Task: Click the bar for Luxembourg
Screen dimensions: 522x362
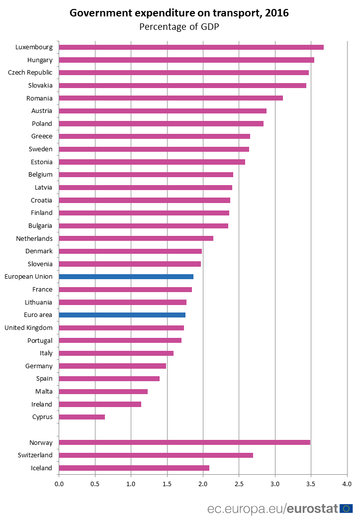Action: (x=191, y=47)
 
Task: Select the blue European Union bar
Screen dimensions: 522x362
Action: (x=126, y=277)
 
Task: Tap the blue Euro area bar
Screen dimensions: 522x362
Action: (x=122, y=315)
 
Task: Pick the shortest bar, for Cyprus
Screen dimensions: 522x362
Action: (x=82, y=417)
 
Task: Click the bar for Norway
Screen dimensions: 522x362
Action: (x=184, y=442)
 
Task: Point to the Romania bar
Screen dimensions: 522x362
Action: (x=171, y=98)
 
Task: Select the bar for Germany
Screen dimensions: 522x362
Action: (x=112, y=366)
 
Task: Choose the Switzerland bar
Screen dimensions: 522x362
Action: (x=156, y=455)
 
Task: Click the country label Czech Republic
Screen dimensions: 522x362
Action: (x=30, y=73)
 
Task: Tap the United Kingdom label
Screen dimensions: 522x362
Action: (x=28, y=328)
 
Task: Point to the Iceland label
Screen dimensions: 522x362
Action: (x=41, y=468)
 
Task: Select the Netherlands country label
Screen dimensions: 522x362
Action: (x=34, y=238)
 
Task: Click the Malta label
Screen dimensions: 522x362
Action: (x=43, y=392)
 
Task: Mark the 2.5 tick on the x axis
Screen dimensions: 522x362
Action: (x=239, y=483)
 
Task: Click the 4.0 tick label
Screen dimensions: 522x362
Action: (x=347, y=483)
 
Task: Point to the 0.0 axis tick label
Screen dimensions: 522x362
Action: (x=59, y=483)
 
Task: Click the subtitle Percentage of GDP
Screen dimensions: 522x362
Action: (x=179, y=26)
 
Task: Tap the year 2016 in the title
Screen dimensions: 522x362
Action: (x=276, y=13)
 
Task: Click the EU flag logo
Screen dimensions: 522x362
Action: (x=346, y=509)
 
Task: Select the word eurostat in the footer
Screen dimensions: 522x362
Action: (x=312, y=509)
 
